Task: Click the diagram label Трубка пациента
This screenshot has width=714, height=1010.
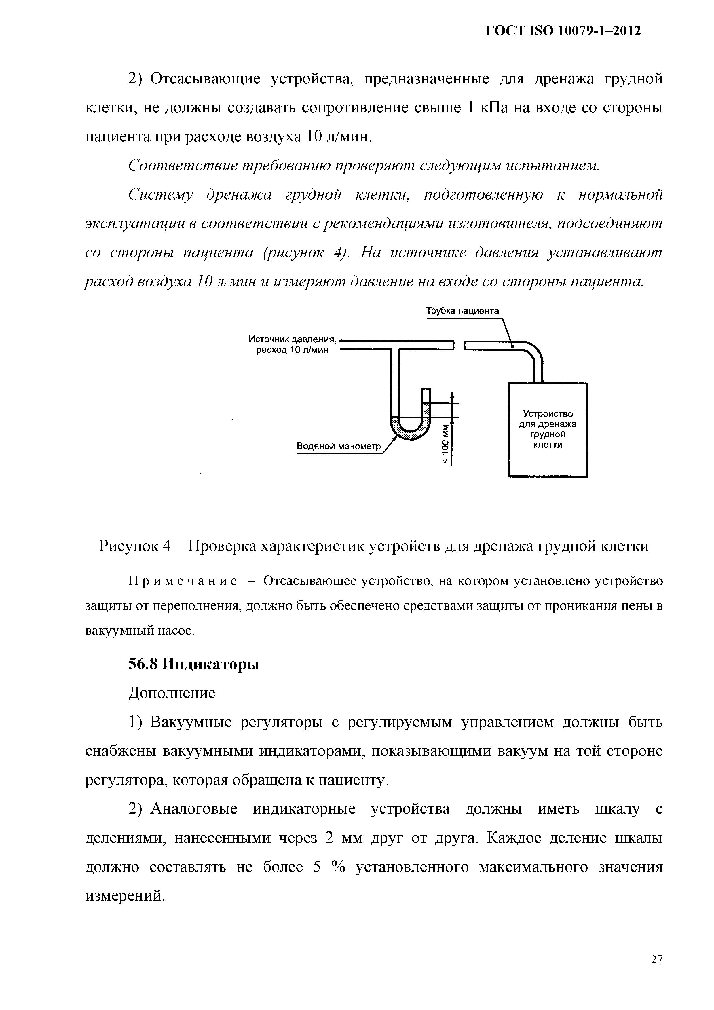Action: tap(462, 311)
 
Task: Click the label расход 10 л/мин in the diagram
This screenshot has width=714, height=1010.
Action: tap(292, 350)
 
